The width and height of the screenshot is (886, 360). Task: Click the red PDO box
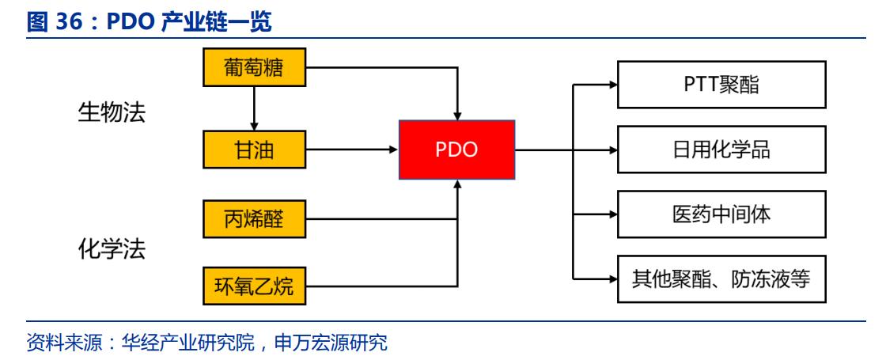(456, 149)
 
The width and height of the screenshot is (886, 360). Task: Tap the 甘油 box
(254, 149)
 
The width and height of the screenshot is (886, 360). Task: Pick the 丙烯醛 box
(254, 219)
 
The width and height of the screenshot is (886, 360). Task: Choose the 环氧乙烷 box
(254, 285)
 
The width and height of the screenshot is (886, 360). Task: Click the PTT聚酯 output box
(721, 84)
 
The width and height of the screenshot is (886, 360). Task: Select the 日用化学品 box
(721, 150)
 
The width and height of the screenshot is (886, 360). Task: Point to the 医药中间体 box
(721, 214)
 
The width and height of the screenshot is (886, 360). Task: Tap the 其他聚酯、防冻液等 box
(721, 279)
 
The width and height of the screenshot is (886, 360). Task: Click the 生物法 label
(112, 112)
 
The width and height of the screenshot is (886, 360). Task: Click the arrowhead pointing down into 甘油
(254, 126)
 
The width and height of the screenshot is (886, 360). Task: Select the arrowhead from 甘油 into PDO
(392, 149)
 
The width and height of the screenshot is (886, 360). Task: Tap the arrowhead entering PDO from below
(456, 183)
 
